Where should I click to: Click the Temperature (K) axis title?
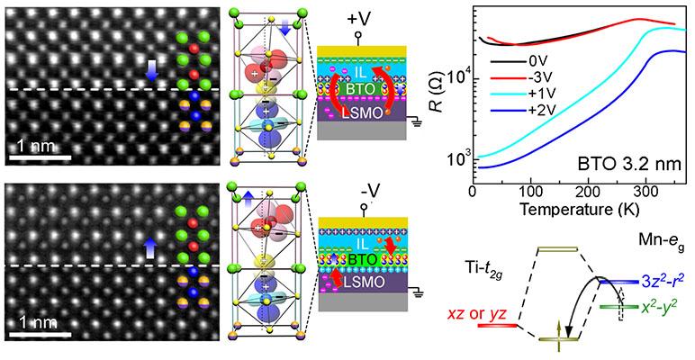pyautogui.click(x=576, y=209)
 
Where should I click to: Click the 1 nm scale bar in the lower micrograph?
pyautogui.click(x=40, y=335)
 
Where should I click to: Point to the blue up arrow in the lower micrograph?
pyautogui.click(x=151, y=245)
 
